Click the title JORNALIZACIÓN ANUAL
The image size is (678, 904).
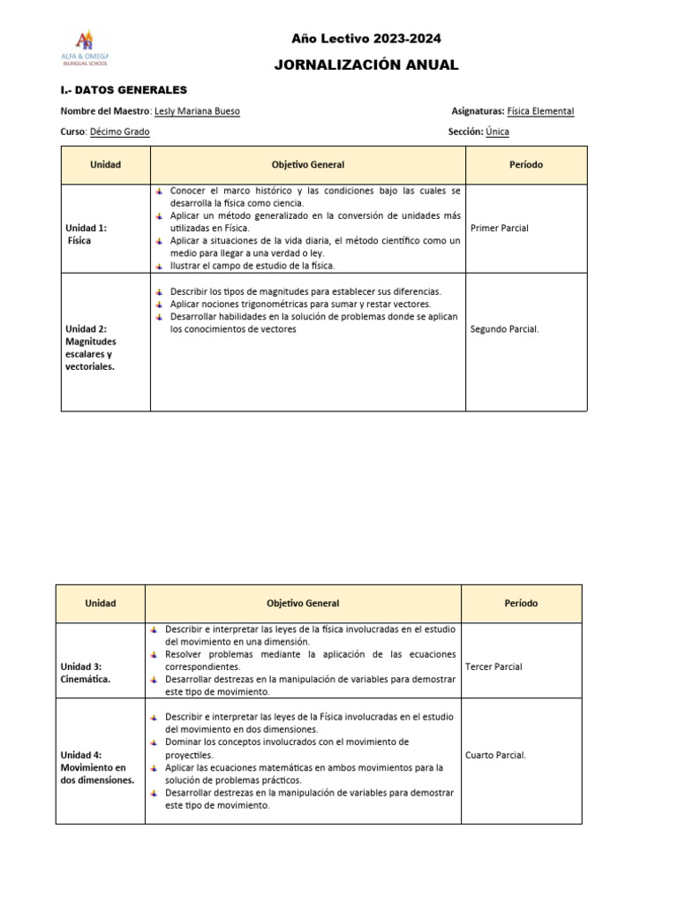[366, 65]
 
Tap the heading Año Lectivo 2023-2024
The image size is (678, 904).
[366, 39]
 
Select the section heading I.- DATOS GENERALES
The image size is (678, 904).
[124, 90]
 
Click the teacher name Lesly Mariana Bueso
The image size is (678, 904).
[197, 111]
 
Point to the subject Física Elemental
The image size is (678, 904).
[540, 111]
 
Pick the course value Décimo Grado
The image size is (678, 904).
[120, 132]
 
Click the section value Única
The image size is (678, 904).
[497, 132]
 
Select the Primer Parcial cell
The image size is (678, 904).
[500, 228]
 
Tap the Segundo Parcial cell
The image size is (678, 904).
[505, 329]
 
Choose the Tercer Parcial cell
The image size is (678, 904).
[493, 667]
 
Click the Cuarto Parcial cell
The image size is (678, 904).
[495, 755]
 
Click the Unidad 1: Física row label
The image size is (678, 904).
[87, 234]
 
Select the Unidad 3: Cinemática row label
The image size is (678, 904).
[86, 673]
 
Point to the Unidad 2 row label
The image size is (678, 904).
[90, 348]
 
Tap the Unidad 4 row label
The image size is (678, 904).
[97, 767]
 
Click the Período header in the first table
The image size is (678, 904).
[526, 165]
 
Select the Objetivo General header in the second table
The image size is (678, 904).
[303, 603]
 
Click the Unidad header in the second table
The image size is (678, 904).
[101, 603]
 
